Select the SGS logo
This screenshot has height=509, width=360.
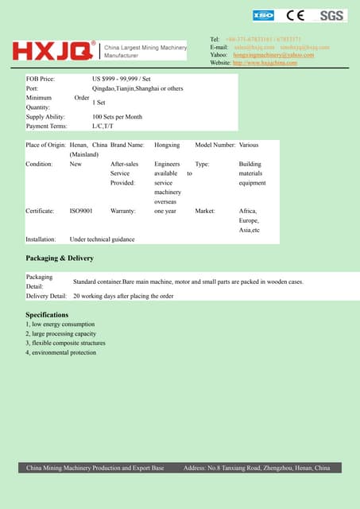[x=332, y=15]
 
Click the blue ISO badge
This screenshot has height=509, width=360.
[x=263, y=15]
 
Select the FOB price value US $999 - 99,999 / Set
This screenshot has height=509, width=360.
[x=121, y=80]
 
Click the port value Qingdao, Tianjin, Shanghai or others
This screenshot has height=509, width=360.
[x=137, y=89]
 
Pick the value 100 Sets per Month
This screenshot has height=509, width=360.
[x=118, y=117]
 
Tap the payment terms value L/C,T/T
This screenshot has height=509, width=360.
[x=104, y=126]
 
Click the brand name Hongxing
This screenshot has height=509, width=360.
[x=167, y=146]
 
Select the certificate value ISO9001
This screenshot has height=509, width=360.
[x=81, y=212]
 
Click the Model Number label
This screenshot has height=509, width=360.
[x=215, y=146]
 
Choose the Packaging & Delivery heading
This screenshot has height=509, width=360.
[x=60, y=258]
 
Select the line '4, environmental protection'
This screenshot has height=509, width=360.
[x=60, y=352]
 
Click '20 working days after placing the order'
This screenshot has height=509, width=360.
[x=123, y=296]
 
